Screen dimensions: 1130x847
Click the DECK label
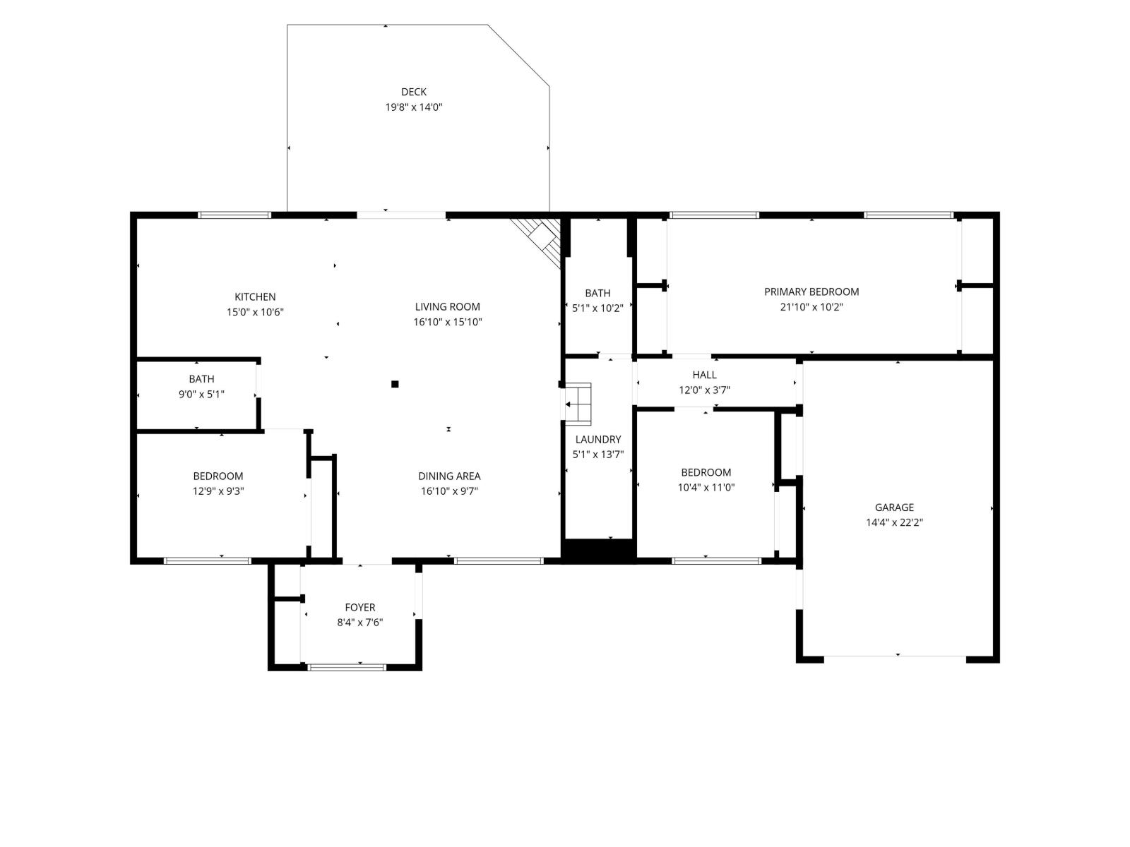click(413, 92)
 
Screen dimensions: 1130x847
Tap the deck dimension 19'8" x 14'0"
click(413, 107)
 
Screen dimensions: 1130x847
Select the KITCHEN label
click(255, 296)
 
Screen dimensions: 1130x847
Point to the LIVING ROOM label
click(447, 307)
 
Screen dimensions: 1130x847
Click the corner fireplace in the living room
click(537, 241)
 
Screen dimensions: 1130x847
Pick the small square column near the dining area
click(395, 384)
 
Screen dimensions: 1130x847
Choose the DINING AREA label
click(449, 476)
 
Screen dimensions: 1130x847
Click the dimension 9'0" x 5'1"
click(201, 395)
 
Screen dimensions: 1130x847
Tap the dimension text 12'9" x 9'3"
click(218, 491)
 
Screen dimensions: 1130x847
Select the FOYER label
click(360, 607)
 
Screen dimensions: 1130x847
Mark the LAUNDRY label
click(597, 439)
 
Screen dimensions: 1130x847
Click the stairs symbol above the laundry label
click(578, 404)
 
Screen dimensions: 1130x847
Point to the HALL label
click(704, 375)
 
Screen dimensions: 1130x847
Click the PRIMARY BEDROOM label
click(811, 292)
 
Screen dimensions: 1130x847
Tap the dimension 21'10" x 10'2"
click(811, 308)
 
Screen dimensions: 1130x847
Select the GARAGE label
click(894, 507)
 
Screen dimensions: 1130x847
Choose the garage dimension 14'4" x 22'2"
click(894, 523)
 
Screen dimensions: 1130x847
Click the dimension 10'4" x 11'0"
click(706, 488)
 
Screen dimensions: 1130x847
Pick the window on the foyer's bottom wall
click(347, 668)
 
